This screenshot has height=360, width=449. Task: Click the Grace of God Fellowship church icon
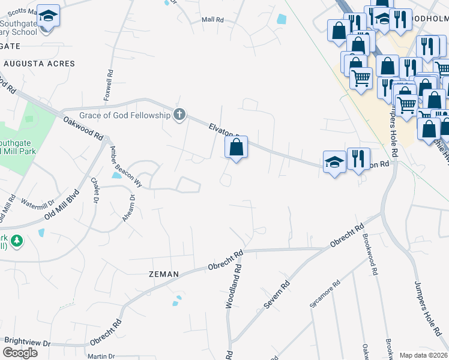coord(179,115)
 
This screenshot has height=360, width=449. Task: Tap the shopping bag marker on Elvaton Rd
coord(237,147)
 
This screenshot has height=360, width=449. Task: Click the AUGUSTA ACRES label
coord(39,64)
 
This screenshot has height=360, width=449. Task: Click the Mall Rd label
coord(212,20)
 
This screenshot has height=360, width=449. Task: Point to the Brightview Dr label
coord(27,341)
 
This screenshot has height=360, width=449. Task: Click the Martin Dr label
coord(97,356)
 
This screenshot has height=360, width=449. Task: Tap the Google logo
coord(20,353)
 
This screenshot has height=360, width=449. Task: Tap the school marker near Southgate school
coord(48,17)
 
